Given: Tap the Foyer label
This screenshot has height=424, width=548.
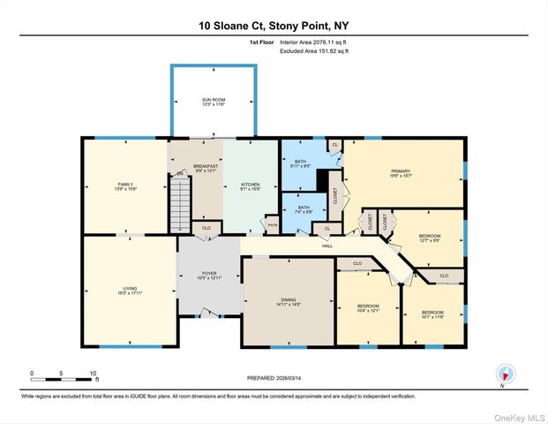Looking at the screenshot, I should coord(209,276).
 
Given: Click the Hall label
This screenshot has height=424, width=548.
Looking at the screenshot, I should coord(326,246).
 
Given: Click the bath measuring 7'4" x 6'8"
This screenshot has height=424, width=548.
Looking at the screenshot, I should coord(304,210).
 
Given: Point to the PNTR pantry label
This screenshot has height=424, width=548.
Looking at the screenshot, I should coord(273,225).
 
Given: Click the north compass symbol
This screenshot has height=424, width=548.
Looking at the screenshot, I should coord(505,375).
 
